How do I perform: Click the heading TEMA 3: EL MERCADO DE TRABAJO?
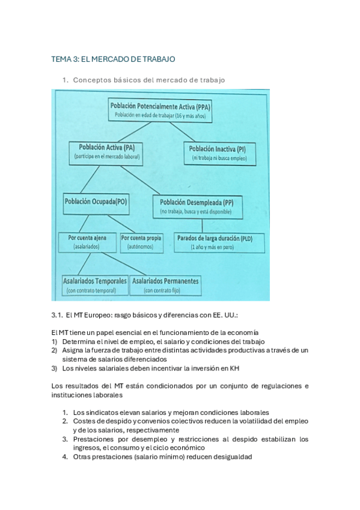pyautogui.click(x=113, y=60)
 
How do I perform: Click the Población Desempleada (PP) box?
pyautogui.click(x=197, y=206)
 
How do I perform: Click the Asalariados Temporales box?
pyautogui.click(x=95, y=285)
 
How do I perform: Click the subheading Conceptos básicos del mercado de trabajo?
pyautogui.click(x=148, y=80)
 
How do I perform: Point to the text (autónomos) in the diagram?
pyautogui.click(x=141, y=247)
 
